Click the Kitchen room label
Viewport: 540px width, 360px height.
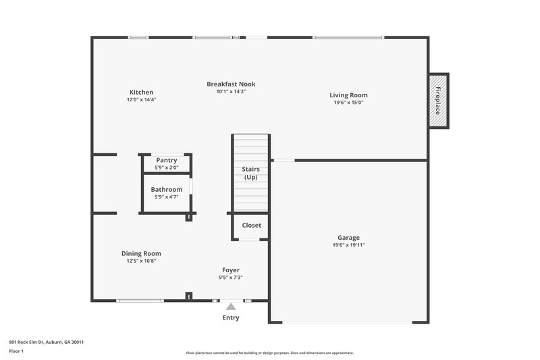pos(141,93)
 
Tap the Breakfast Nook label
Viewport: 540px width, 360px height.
pos(231,84)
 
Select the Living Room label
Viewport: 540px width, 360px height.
pos(348,95)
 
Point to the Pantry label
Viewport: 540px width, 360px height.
pos(166,160)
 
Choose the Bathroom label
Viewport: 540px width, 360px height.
pos(166,190)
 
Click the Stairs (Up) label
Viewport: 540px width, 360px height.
pos(251,173)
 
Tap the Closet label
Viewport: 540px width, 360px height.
pos(251,226)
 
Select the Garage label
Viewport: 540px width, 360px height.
pos(348,238)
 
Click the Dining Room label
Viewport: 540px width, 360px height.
pos(141,254)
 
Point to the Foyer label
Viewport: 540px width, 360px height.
pos(230,270)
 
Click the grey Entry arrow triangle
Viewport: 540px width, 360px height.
pos(231,307)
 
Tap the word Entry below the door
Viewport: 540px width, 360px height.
pos(231,317)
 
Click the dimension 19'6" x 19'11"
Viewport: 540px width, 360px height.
pos(348,245)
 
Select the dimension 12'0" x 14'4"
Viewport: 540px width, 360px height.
pos(141,99)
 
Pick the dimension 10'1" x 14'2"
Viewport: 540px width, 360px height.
pos(231,91)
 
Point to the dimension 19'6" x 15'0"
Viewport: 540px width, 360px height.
pos(348,103)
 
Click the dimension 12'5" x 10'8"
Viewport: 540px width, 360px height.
pos(141,261)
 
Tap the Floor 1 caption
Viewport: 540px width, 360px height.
pos(16,352)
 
